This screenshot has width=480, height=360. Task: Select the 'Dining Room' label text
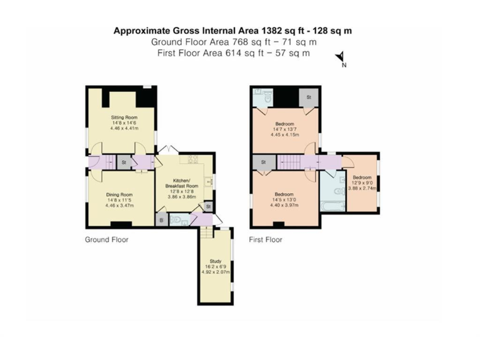point(118,194)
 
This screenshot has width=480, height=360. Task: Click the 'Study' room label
point(214,261)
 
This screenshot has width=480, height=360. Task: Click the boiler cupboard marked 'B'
point(161,220)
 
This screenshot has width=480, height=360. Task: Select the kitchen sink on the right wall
point(210,181)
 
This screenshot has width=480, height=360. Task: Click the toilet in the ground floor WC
point(176,220)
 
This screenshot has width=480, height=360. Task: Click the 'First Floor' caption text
point(266,239)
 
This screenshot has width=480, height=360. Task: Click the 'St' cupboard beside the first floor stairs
point(263,162)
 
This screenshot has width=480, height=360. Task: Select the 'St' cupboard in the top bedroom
point(308,97)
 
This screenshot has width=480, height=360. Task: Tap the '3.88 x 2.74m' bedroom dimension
point(363,188)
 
